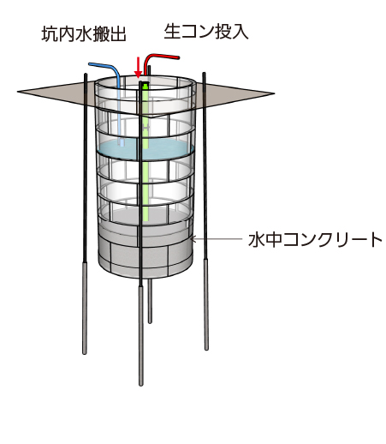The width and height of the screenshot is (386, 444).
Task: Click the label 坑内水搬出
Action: [84, 34]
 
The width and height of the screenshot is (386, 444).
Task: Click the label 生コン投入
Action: [206, 32]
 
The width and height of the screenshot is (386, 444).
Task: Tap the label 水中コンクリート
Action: [315, 239]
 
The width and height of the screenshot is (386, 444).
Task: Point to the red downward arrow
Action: [139, 68]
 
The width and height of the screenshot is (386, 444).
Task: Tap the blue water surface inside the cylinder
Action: [145, 149]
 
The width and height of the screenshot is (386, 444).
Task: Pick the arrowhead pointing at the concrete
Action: [193, 239]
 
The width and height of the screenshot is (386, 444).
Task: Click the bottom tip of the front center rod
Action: [140, 384]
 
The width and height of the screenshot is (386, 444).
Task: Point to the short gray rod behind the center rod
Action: [150, 301]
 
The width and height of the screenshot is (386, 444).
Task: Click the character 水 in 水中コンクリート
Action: [256, 240]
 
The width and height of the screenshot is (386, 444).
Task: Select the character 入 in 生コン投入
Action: [241, 32]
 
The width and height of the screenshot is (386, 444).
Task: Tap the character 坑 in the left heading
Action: [50, 34]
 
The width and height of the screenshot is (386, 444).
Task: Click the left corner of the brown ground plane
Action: [17, 92]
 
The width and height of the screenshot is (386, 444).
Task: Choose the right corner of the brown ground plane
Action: [274, 93]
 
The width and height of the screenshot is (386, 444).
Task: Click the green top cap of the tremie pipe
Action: [145, 86]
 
